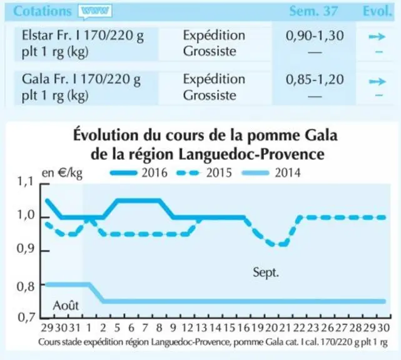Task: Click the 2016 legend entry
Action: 139,173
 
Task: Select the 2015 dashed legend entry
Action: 204,173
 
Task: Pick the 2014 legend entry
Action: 271,173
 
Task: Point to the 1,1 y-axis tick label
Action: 25,181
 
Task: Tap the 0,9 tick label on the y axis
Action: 25,249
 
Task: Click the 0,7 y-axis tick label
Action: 26,317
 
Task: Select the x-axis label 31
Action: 75,327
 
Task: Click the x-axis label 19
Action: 258,327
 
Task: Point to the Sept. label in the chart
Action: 266,272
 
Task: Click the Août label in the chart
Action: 66,306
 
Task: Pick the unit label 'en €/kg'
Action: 62,173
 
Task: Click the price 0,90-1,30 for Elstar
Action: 315,36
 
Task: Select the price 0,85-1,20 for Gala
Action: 315,79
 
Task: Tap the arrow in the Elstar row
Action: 377,37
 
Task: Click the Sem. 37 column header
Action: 313,11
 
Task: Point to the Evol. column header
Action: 377,11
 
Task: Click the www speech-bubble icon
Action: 95,12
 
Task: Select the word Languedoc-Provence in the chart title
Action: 251,154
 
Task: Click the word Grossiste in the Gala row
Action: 210,96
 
